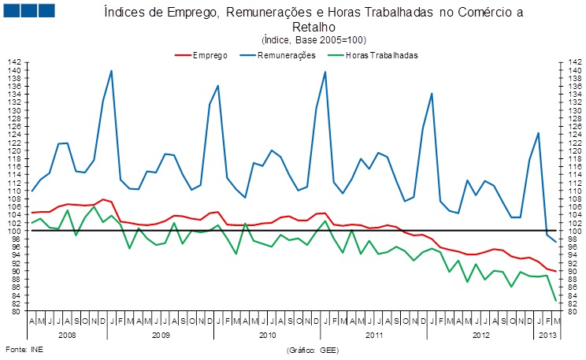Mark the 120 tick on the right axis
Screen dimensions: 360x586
coord(567,150)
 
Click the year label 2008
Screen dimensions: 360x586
coord(67,335)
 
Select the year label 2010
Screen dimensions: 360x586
coord(266,335)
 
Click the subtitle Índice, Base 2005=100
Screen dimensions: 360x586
coord(313,39)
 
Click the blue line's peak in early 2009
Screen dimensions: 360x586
coord(111,71)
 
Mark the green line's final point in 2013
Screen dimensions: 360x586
coord(557,300)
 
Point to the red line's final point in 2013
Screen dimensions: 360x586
coord(557,271)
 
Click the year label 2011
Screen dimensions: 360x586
coord(373,335)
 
